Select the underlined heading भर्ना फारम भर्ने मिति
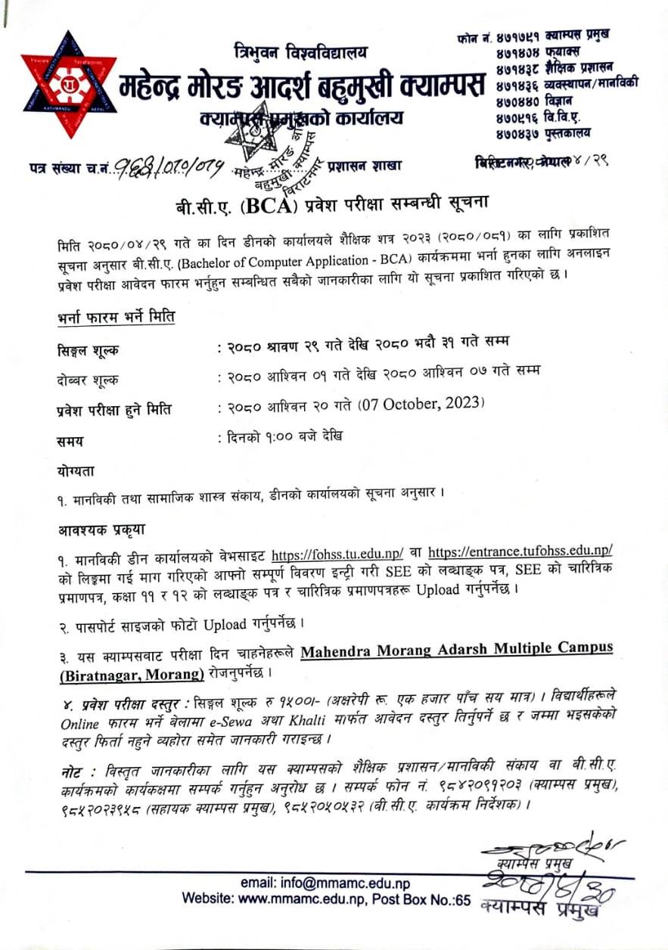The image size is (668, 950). coord(116,317)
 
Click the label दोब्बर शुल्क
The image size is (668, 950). coord(87,380)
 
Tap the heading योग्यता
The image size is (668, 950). coord(75,470)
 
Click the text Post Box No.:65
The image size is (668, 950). coord(424,899)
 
